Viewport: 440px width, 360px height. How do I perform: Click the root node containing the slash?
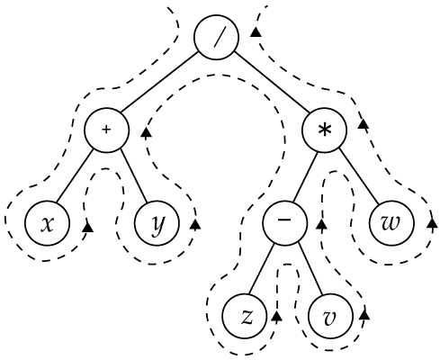pos(217,37)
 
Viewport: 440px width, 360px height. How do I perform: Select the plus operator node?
pos(107,130)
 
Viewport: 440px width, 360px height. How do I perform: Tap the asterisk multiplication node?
pos(325,130)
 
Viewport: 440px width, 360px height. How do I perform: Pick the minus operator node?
pos(285,222)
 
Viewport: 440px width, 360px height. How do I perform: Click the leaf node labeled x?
pos(48,223)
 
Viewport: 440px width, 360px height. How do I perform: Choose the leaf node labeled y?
pos(157,223)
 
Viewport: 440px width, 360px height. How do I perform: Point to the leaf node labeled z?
pos(245,316)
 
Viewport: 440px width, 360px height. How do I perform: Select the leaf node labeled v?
pos(330,316)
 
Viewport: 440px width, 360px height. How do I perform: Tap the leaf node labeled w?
pos(392,223)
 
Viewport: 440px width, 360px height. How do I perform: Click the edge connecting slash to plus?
pos(159,82)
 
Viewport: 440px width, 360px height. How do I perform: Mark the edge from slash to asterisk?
pos(272,83)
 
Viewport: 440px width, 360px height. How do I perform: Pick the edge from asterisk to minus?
pos(305,176)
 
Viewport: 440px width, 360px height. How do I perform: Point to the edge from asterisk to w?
pos(359,176)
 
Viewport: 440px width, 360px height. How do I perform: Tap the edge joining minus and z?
pos(262,269)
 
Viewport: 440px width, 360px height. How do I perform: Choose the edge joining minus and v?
pos(310,268)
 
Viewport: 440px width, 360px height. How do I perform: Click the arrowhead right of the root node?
pos(256,31)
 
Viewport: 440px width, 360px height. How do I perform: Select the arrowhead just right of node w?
pos(432,223)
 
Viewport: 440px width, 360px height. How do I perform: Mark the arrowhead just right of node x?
pos(87,227)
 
